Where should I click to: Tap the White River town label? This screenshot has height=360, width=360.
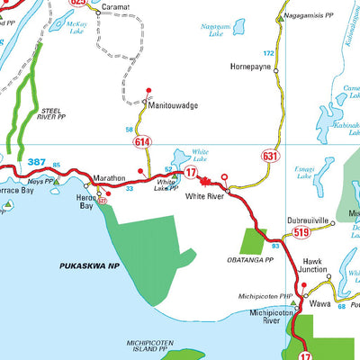tap(203, 194)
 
